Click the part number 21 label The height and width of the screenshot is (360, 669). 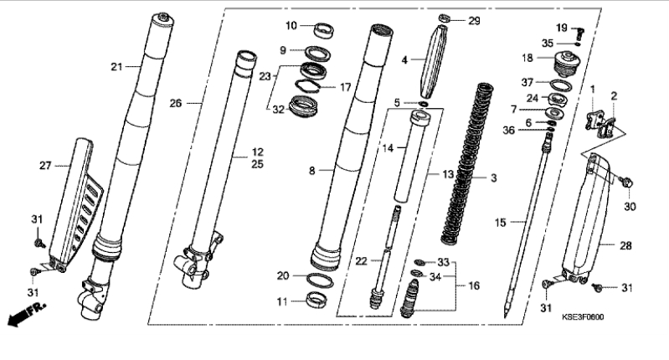click(x=116, y=66)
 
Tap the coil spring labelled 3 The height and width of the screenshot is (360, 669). click(x=467, y=164)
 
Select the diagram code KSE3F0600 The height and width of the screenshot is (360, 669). click(x=583, y=317)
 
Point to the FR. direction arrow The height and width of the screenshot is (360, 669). click(x=27, y=314)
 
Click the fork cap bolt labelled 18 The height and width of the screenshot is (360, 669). click(x=567, y=64)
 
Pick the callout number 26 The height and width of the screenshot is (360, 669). click(x=176, y=103)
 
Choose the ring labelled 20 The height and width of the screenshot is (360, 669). click(x=320, y=280)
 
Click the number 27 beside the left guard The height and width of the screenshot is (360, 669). click(x=45, y=166)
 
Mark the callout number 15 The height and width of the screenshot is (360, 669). click(x=501, y=222)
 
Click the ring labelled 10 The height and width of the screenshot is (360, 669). click(x=324, y=30)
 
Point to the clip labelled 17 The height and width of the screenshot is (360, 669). click(x=307, y=85)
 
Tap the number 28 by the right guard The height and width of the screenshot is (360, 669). click(x=626, y=245)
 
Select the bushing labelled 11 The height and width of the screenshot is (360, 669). click(x=317, y=299)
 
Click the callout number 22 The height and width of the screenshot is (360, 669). click(x=362, y=260)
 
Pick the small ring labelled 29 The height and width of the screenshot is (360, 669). click(x=445, y=18)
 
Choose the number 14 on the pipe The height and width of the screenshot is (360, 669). click(x=388, y=148)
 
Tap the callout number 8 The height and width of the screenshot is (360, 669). click(x=312, y=171)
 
